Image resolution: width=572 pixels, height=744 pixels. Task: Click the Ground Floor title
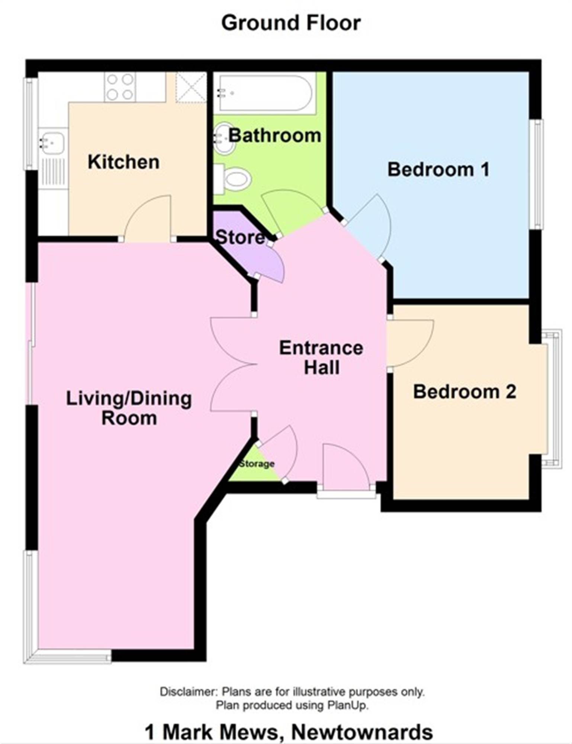(291, 23)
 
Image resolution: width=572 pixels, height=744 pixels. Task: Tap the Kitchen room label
(123, 162)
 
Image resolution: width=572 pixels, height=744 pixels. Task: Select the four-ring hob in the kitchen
(120, 87)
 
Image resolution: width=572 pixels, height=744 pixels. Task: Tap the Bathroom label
(274, 135)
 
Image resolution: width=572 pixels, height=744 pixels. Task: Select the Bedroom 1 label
(438, 170)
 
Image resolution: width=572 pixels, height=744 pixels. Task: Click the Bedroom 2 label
(465, 392)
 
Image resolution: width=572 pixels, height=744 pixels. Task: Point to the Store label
(240, 237)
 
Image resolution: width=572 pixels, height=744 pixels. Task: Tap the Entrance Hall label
(321, 357)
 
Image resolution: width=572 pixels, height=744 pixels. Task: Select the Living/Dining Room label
(129, 408)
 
